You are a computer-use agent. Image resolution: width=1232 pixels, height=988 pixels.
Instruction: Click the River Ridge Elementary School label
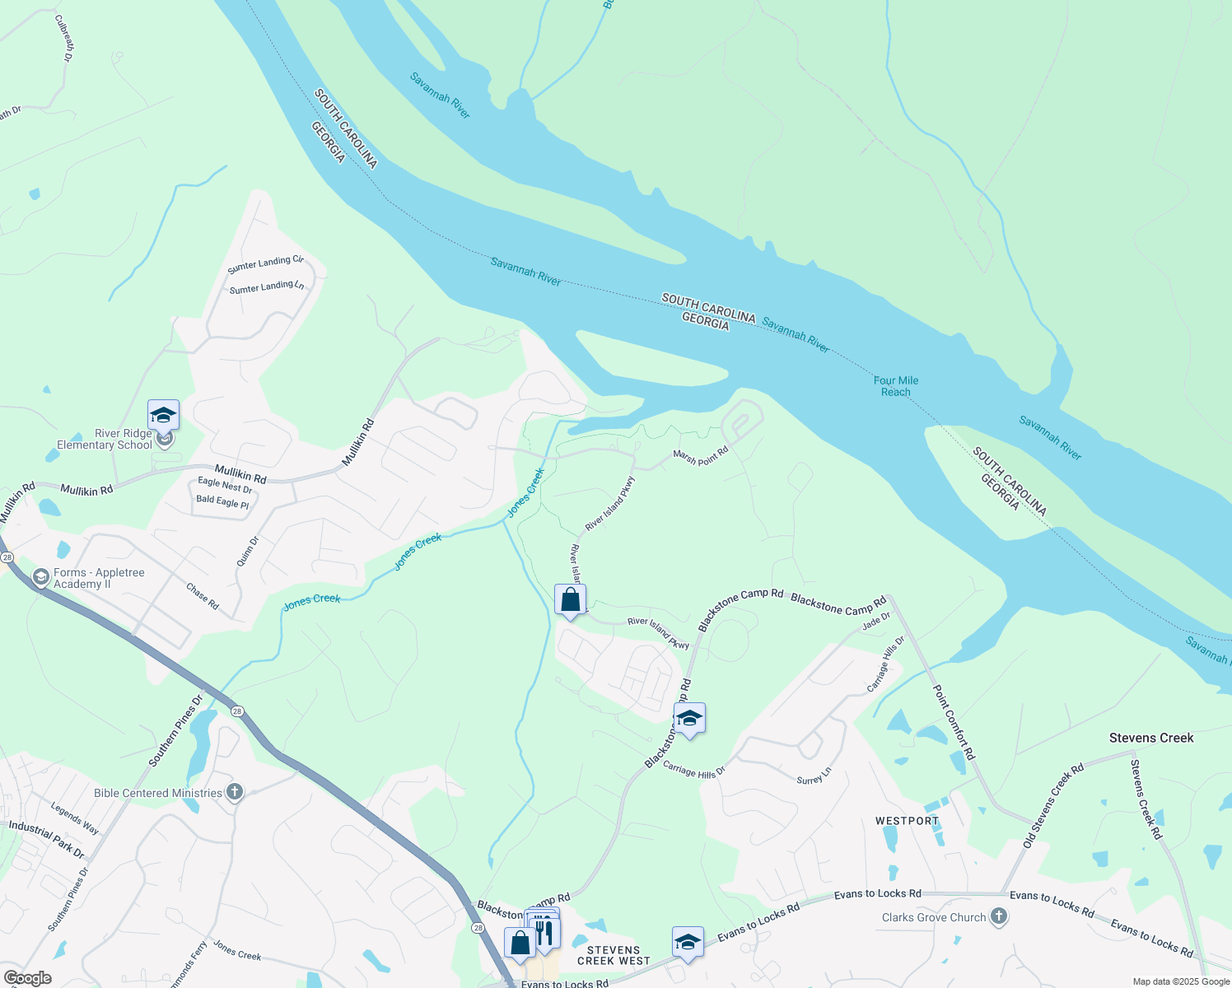105,440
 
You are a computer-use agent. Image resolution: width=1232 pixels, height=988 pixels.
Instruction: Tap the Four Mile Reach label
896,386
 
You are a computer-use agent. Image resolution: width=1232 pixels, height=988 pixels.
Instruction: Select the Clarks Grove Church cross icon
998,916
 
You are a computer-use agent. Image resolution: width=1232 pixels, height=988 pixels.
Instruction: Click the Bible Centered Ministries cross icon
235,793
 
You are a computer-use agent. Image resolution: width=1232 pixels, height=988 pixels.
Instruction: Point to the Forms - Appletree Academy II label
99,578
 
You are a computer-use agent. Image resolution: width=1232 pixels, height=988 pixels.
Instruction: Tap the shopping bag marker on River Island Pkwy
570,600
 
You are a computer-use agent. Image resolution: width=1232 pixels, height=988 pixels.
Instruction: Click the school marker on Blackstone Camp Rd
689,719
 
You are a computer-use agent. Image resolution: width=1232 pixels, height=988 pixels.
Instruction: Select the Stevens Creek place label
1150,738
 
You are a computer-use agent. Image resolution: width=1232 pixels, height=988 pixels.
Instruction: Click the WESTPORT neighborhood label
907,821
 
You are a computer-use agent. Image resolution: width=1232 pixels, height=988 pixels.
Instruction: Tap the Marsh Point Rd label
701,456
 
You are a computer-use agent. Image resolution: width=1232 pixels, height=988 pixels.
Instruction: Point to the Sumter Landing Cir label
265,263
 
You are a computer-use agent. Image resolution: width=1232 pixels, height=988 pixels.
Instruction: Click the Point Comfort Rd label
954,722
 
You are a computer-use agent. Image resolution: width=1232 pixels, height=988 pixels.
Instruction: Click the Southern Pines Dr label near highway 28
175,731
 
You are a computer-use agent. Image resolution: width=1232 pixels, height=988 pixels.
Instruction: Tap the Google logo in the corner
28,978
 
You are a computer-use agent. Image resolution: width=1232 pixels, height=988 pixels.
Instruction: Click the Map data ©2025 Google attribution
1180,981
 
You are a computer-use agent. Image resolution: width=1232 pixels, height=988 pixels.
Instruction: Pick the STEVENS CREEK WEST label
614,955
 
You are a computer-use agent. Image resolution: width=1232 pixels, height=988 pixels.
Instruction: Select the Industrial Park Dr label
47,838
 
